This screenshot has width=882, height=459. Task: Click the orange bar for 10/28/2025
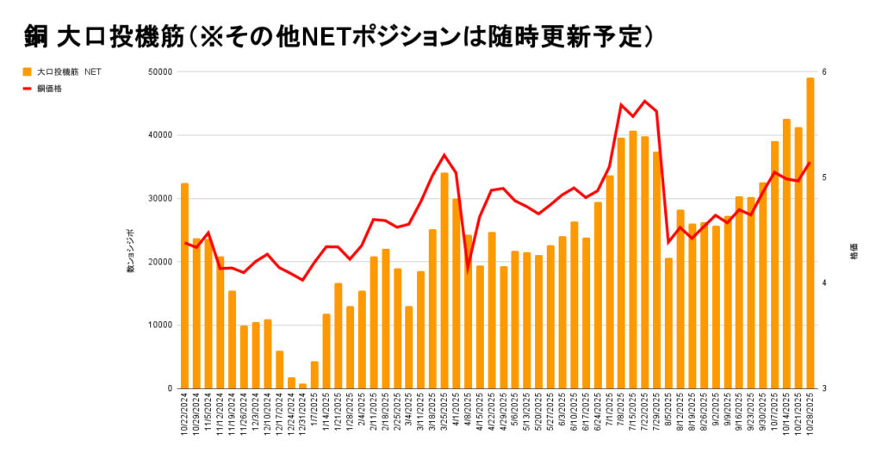point(810,233)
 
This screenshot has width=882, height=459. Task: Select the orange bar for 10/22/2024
point(184,285)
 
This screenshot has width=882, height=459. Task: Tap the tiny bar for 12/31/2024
point(302,386)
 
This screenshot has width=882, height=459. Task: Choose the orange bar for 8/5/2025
point(668,323)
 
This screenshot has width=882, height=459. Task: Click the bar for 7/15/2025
point(633,259)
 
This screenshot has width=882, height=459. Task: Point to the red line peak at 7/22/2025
point(644,101)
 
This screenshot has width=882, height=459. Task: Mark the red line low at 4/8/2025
point(468,268)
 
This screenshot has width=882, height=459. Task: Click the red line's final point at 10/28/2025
point(810,163)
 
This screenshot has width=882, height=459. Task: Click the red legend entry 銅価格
point(51,88)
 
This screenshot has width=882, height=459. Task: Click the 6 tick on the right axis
point(824,71)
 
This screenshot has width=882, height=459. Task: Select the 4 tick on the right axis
point(824,282)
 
